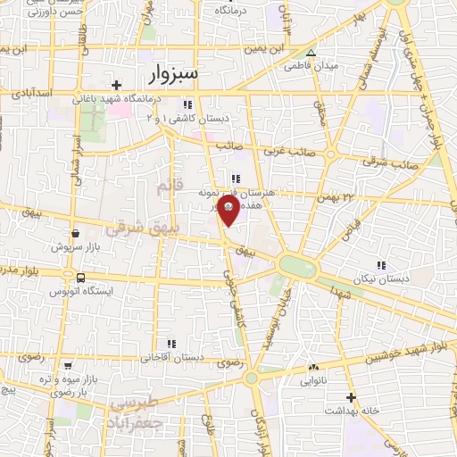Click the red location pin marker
229,212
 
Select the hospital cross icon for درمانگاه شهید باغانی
117,85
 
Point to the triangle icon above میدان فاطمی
311,52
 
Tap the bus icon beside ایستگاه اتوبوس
81,278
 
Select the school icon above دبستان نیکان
381,265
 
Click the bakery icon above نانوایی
312,367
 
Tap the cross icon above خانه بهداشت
352,397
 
